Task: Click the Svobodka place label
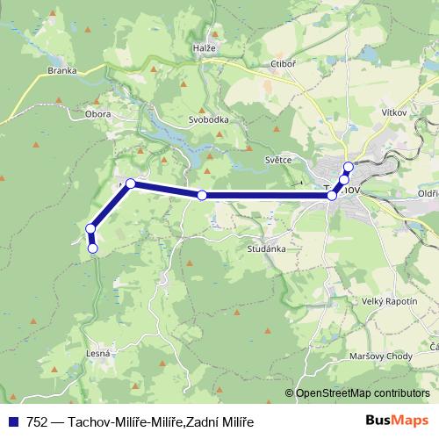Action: coord(209,119)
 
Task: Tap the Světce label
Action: coord(278,161)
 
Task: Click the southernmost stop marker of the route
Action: coord(92,248)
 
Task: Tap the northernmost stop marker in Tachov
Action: coord(349,167)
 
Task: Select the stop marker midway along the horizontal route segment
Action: coord(202,195)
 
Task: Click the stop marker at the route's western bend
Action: coord(130,184)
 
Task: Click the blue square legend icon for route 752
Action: coord(14,421)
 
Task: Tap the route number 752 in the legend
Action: coord(38,421)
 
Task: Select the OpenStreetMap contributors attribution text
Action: coord(363,393)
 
